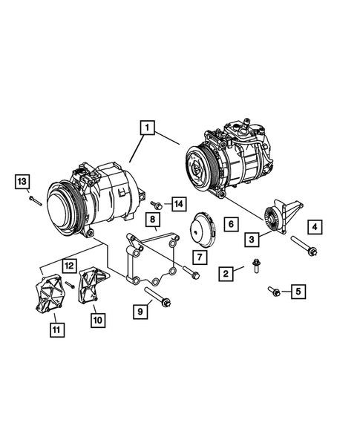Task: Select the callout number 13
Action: point(22,181)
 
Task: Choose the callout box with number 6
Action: point(230,223)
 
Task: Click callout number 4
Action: point(315,226)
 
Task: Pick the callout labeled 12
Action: point(68,265)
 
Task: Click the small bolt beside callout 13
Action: point(33,198)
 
